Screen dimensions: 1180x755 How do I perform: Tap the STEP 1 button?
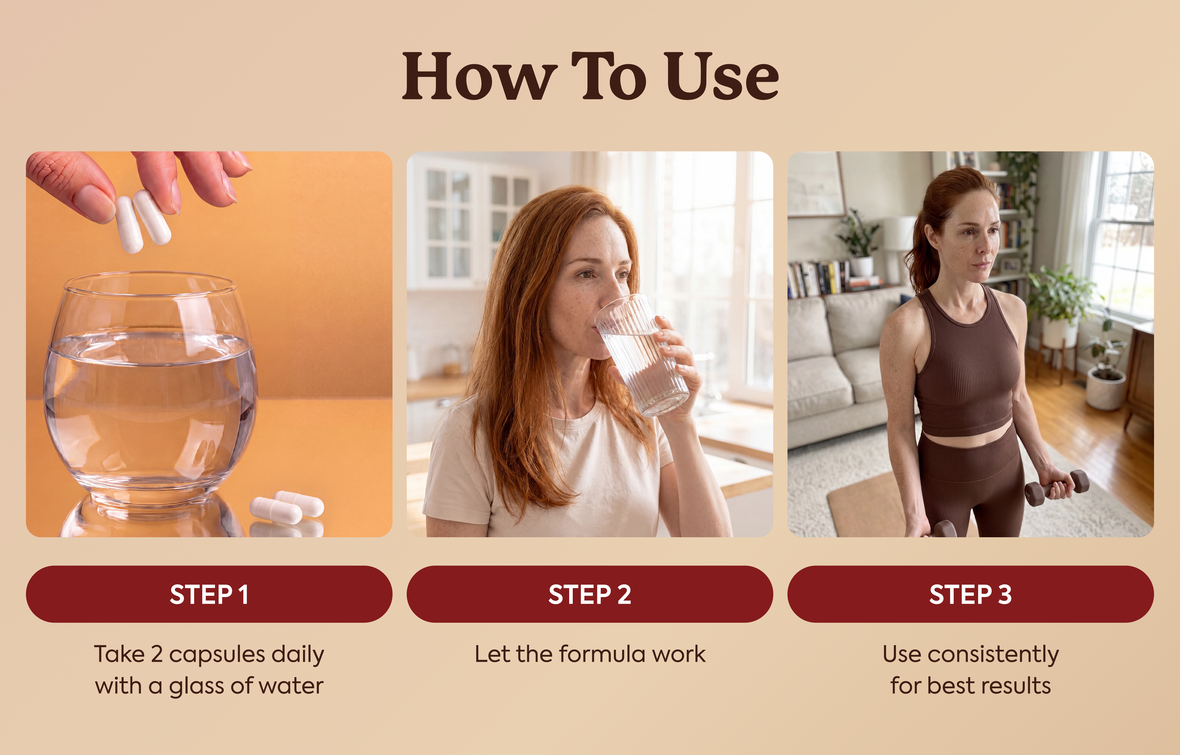click(209, 594)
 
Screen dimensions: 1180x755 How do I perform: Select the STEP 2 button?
click(590, 594)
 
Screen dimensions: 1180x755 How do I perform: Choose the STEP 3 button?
click(971, 594)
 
